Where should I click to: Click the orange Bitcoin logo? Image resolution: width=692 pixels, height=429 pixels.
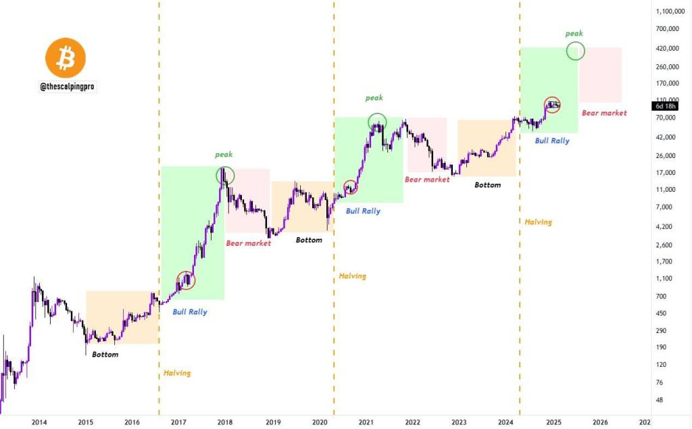(66, 58)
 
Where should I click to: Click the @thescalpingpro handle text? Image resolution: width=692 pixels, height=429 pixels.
(66, 87)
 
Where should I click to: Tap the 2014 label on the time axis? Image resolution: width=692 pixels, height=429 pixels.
(39, 422)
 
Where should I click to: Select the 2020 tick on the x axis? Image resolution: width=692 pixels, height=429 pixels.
(320, 422)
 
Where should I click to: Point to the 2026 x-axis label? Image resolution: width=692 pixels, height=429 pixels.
(600, 422)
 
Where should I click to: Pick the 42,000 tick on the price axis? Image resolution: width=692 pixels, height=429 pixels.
(668, 137)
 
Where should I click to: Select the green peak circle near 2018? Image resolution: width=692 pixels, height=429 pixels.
(225, 176)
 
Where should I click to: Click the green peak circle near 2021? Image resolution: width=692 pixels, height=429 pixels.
(377, 122)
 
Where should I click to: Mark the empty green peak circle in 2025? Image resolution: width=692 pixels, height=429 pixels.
(576, 51)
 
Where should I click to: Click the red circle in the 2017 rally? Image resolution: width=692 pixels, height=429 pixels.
(186, 280)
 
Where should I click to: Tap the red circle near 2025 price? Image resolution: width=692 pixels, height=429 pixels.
(553, 105)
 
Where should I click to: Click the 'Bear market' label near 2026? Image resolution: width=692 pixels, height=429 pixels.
(604, 113)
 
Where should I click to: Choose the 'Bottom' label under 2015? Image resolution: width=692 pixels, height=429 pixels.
(105, 355)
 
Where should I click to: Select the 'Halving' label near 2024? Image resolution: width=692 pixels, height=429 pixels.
(538, 222)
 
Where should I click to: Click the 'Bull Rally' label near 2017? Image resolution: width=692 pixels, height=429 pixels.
(190, 312)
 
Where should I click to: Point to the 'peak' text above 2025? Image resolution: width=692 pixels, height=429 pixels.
(574, 33)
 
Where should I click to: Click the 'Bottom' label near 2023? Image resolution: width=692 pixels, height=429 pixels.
(487, 184)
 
